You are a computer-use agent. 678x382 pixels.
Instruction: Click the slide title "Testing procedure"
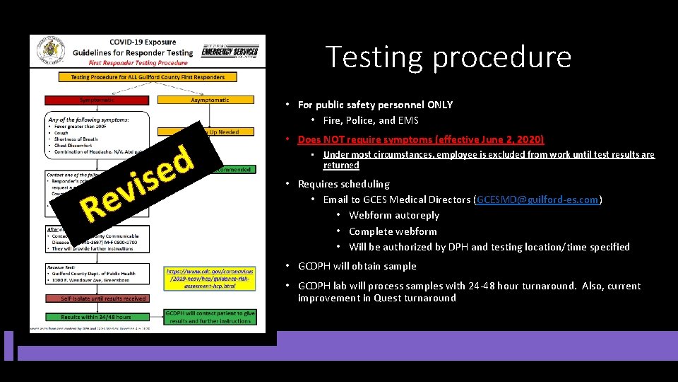pos(448,57)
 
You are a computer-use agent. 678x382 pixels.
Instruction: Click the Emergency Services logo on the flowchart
pos(230,51)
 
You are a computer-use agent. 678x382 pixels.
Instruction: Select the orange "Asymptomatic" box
pos(210,100)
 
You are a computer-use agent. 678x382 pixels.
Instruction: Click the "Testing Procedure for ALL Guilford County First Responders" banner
pos(148,77)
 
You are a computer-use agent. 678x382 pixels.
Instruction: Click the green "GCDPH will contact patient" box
pos(210,316)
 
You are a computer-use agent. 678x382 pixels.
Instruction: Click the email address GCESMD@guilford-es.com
pos(538,199)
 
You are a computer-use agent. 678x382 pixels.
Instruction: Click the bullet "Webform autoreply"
pos(393,215)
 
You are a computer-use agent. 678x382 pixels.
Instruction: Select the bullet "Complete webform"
pos(392,231)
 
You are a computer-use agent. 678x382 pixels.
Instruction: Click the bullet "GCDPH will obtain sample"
pos(357,266)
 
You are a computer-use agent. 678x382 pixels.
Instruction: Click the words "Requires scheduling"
pos(343,184)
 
